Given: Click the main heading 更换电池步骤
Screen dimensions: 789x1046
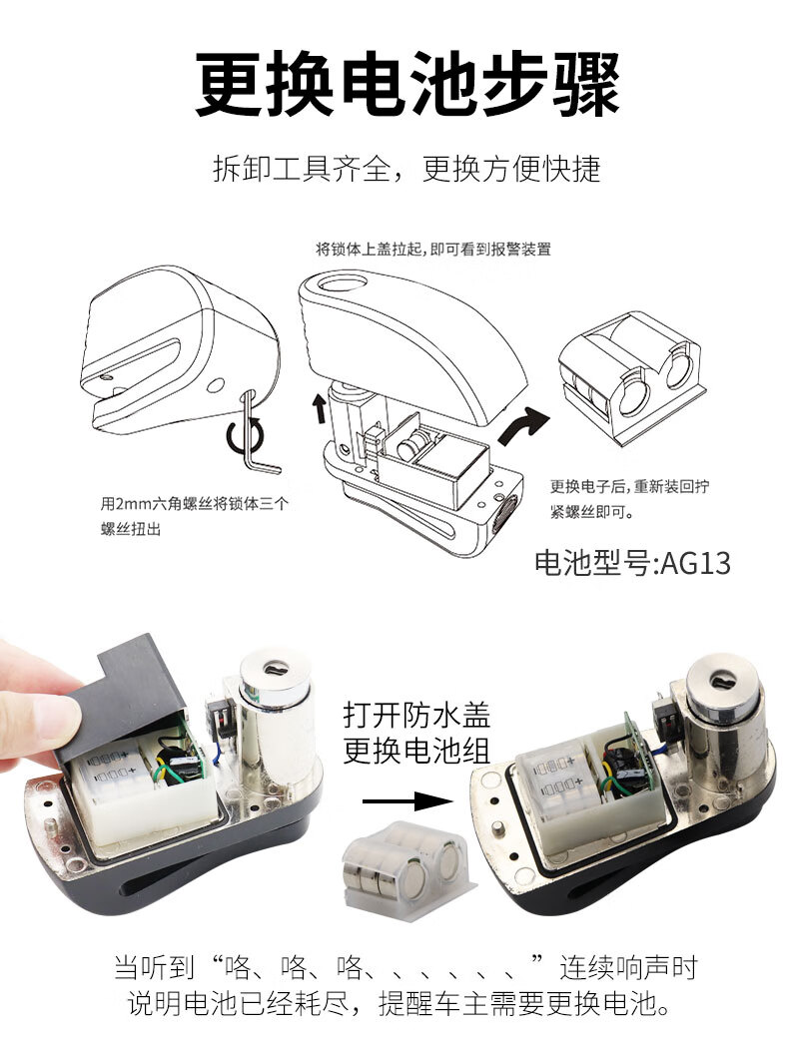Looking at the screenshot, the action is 407,85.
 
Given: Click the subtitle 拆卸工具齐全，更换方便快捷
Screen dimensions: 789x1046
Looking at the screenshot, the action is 406,169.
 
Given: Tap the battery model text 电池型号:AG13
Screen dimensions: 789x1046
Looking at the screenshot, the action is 632,563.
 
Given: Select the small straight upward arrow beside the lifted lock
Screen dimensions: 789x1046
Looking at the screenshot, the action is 320,407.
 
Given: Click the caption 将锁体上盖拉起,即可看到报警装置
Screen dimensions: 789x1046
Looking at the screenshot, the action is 433,250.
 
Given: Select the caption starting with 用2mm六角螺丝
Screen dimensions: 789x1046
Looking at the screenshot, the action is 194,516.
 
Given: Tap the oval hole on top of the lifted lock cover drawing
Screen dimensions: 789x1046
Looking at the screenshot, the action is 341,283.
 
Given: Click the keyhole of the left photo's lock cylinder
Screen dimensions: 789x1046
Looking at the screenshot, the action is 273,669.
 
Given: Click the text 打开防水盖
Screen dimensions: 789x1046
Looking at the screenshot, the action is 417,715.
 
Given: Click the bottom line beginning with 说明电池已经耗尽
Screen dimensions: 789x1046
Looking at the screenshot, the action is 398,1003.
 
